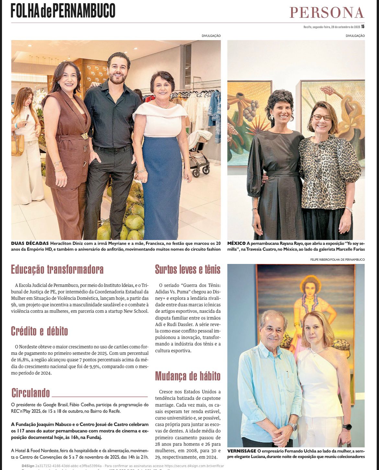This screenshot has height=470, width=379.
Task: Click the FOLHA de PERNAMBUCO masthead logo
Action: pos(63,10)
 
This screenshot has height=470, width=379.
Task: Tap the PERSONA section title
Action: pos(327,12)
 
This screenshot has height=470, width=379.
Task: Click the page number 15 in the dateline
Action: pos(363,27)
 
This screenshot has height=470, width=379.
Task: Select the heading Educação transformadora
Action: pos(57,269)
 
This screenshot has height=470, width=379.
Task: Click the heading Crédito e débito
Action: pos(40,331)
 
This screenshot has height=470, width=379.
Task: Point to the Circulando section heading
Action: pos(31,393)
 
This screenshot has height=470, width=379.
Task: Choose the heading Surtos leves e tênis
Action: pos(188,269)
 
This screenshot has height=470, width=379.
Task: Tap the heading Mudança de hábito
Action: pos(188,376)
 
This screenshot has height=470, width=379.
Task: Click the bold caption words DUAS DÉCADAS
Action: pos(30,243)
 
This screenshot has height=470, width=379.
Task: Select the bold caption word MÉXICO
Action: pos(236,243)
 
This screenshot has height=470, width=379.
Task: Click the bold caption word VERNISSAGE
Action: pos(242,451)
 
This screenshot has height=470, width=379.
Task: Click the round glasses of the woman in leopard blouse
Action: pos(321,117)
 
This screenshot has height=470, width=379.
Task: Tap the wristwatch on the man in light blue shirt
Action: pos(293,427)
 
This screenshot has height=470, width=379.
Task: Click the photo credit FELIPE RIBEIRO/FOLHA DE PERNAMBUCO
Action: pos(338,259)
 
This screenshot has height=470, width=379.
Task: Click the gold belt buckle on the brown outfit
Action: pos(84,136)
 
